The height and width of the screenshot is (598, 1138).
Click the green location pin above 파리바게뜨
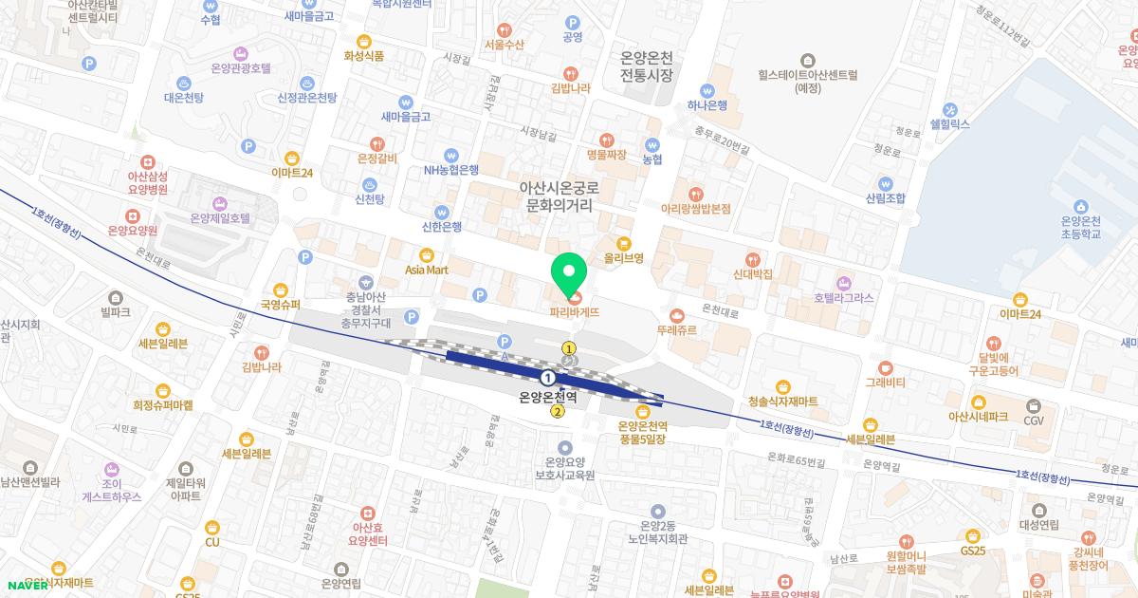point(569,273)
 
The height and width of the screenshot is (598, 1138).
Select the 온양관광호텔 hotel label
point(241,68)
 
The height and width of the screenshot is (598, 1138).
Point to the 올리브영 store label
point(624,257)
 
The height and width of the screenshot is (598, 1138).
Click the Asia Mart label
point(426,270)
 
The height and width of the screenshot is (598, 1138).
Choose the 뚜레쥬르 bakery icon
point(676,315)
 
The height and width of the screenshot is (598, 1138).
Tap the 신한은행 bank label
point(441,227)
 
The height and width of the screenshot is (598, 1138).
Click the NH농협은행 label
point(451,171)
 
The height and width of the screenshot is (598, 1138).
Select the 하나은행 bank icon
point(707,89)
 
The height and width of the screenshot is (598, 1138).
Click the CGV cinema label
point(1033,420)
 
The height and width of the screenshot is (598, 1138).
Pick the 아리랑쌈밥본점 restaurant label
point(696,208)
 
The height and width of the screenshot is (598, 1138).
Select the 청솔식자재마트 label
point(782,402)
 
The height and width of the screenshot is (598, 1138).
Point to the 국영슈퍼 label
point(280,305)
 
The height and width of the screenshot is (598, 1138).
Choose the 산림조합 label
point(885,198)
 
